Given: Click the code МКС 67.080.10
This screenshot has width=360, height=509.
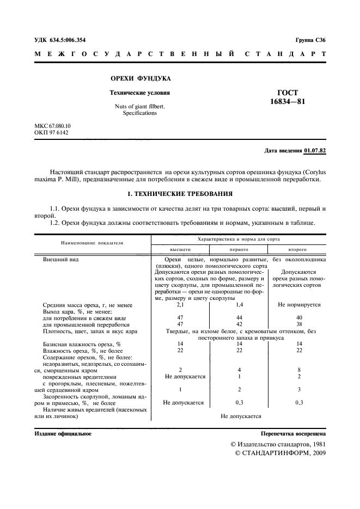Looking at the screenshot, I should click(x=53, y=126).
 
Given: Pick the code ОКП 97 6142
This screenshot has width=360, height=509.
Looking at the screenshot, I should click(x=51, y=133).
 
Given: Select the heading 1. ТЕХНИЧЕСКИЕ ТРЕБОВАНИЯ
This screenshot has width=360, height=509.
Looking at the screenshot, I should click(x=180, y=193).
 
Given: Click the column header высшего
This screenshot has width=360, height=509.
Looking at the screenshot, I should click(x=179, y=249).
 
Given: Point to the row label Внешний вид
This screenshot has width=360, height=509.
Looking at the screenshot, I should click(x=61, y=260).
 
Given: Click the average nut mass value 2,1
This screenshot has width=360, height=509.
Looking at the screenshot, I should click(x=180, y=305).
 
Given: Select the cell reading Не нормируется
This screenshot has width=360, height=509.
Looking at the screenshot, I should click(x=299, y=305).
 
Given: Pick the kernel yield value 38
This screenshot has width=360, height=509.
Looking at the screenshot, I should click(x=299, y=324).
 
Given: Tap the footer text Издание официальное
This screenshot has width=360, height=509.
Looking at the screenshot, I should click(x=63, y=434).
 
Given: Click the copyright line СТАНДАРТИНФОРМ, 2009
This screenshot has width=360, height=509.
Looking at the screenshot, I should click(x=280, y=453).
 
